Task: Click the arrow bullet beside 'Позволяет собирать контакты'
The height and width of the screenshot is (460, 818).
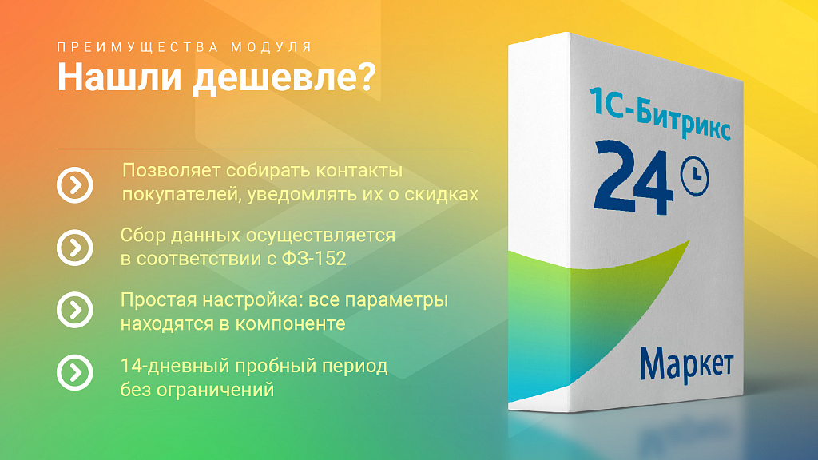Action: point(75,185)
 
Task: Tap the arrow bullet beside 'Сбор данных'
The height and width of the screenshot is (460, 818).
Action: point(75,247)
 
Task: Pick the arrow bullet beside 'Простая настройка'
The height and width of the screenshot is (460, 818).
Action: point(75,310)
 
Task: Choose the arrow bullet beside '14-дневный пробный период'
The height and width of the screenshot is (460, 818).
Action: point(75,372)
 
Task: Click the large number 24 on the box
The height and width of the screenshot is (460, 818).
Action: point(632,175)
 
